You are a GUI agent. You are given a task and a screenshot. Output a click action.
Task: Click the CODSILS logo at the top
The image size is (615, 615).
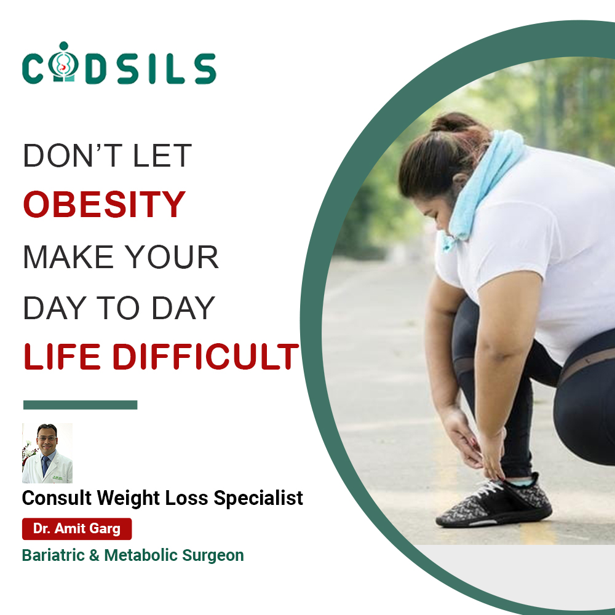click(119, 63)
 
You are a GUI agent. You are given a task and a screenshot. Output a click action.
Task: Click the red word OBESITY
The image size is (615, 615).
click(105, 204)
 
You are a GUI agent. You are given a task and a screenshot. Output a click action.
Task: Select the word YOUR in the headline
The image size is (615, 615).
click(172, 257)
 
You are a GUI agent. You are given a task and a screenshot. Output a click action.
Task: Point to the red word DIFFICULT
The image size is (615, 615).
click(206, 357)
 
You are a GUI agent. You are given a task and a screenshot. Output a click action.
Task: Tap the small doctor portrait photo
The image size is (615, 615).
click(47, 453)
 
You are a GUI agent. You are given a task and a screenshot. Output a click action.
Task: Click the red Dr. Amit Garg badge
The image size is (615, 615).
click(77, 529)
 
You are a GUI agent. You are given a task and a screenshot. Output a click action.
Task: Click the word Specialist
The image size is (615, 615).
click(258, 499)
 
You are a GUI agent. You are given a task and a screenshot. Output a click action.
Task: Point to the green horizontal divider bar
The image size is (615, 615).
click(81, 405)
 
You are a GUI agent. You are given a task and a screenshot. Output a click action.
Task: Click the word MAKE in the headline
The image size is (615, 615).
click(68, 257)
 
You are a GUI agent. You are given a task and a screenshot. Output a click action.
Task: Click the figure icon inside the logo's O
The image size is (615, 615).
click(63, 63)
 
